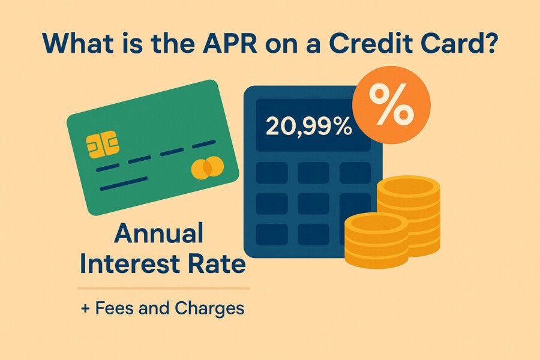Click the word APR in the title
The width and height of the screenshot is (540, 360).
coord(230,43)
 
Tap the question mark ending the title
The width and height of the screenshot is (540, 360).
coord(488,43)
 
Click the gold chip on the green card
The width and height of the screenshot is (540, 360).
coord(103,145)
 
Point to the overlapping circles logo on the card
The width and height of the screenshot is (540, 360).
coord(208,167)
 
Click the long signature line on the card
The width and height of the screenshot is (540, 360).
coord(124,184)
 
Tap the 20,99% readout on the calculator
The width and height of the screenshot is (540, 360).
coord(308,126)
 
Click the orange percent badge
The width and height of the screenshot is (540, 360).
coord(391,105)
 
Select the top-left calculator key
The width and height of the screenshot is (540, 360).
coord(272,173)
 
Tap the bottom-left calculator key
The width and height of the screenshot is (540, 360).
coord(272,235)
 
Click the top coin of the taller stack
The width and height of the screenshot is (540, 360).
coord(409,187)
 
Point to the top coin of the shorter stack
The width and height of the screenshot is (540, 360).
coord(376,224)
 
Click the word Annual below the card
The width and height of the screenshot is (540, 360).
coord(159,233)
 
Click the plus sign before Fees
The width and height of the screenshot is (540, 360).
coord(85,308)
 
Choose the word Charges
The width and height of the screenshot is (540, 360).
coord(209,308)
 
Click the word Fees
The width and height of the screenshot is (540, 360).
coord(115,308)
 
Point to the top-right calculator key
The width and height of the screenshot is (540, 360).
coord(355,173)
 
